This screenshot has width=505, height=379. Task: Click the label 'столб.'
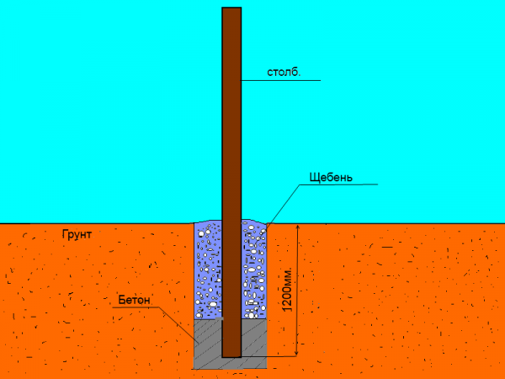[284, 72]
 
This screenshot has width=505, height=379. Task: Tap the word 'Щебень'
[331, 177]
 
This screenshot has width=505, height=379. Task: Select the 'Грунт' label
[77, 235]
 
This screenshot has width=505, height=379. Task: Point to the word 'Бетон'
[134, 300]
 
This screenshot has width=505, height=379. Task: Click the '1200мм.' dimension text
[287, 289]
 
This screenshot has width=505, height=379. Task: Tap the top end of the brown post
[231, 8]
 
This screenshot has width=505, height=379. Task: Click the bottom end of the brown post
[231, 357]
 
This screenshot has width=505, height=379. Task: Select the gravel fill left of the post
[208, 270]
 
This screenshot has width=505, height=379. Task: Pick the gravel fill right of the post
[254, 270]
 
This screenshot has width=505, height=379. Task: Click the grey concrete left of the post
[208, 339]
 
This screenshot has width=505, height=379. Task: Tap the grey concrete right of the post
[254, 339]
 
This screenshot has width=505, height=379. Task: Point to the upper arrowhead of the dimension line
[298, 228]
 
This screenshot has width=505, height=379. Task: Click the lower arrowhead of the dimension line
[297, 352]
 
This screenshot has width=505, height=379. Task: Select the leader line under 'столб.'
[281, 80]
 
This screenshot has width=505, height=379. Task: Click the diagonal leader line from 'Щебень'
[283, 204]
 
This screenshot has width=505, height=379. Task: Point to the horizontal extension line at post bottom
[269, 356]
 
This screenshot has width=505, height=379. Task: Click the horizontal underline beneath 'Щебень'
[339, 184]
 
